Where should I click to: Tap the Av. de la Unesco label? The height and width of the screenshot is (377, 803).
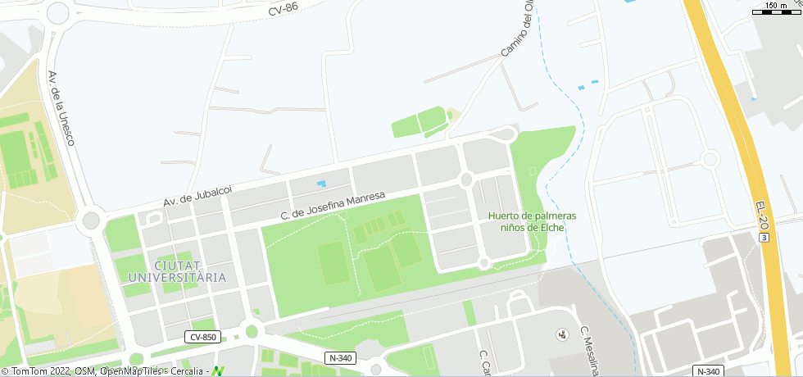[61, 108]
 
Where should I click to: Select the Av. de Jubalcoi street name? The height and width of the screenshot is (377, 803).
[197, 196]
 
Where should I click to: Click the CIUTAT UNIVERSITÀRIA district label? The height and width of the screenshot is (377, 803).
[177, 271]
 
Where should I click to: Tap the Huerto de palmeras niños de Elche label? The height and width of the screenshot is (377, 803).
[532, 221]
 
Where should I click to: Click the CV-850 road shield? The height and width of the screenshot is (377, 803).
[202, 337]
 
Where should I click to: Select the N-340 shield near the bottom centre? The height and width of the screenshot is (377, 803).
[341, 358]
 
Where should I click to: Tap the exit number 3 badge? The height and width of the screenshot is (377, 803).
[764, 237]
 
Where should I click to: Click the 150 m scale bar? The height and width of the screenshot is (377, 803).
[775, 8]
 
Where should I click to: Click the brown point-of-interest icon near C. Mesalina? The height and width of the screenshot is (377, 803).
[562, 334]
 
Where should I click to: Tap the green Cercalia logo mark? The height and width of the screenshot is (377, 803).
[217, 371]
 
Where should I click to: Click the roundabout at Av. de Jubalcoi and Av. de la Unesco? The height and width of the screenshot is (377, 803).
[91, 220]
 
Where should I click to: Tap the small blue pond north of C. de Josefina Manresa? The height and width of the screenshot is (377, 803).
[320, 183]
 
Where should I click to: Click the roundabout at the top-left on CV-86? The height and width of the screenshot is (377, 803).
[58, 12]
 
